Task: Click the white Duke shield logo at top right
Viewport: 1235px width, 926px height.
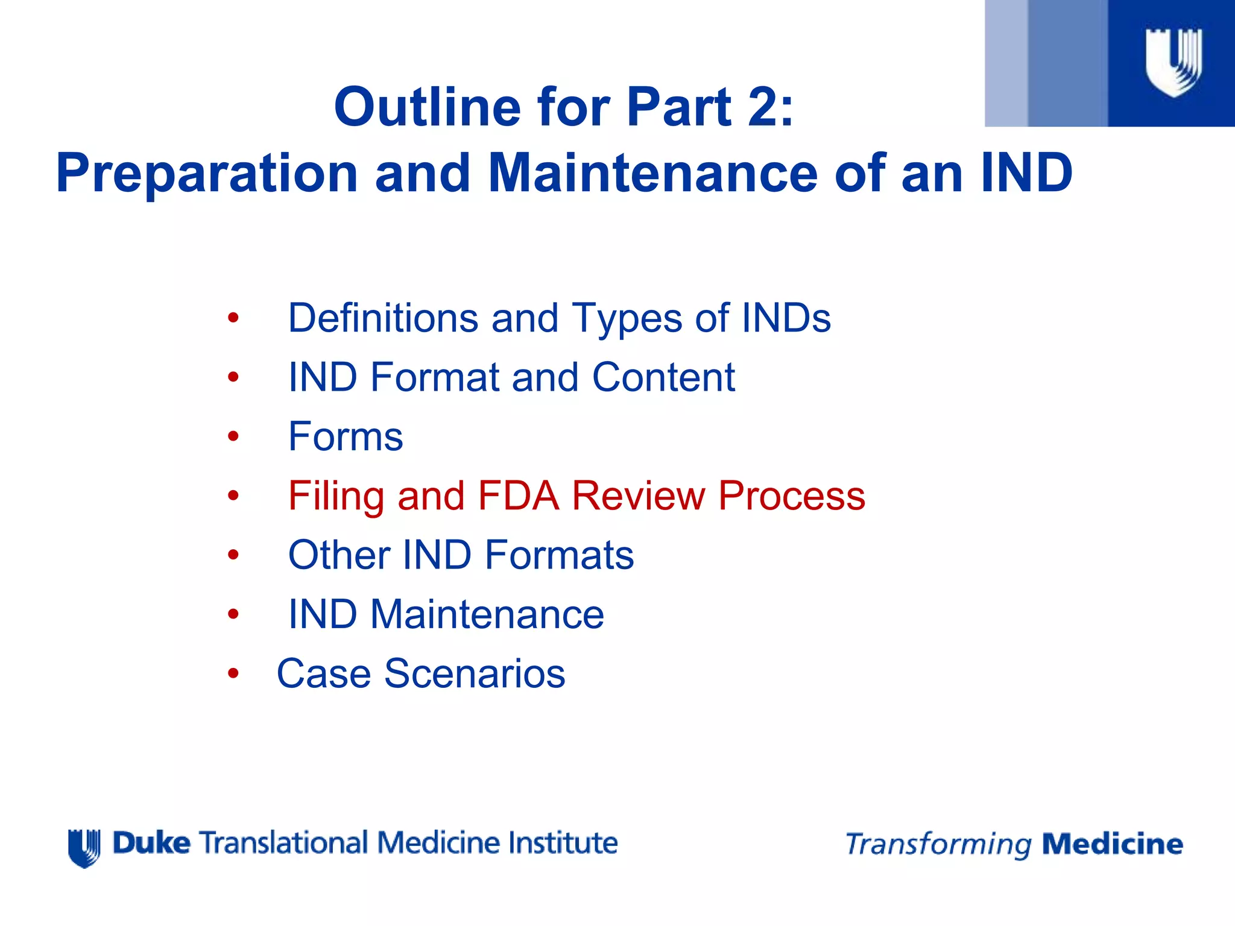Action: (x=1173, y=62)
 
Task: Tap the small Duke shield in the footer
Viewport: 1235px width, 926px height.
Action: (x=84, y=848)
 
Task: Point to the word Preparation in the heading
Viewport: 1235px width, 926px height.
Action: (x=207, y=174)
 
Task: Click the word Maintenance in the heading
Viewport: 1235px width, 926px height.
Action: (x=652, y=173)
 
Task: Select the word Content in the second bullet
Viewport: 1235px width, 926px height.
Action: (x=663, y=377)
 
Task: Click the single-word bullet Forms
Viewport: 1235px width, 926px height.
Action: (x=346, y=436)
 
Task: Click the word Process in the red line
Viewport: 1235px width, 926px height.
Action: (x=791, y=496)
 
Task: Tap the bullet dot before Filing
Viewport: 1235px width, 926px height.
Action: (x=233, y=496)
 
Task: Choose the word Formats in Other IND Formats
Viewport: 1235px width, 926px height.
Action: (x=559, y=555)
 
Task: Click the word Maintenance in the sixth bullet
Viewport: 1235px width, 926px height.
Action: (x=487, y=614)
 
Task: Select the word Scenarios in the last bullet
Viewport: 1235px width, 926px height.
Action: (x=475, y=673)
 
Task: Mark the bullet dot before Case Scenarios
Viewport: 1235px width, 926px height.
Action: (x=233, y=674)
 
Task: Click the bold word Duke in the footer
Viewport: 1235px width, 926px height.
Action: (x=151, y=843)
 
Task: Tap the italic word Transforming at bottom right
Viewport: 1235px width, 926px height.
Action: (x=938, y=845)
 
